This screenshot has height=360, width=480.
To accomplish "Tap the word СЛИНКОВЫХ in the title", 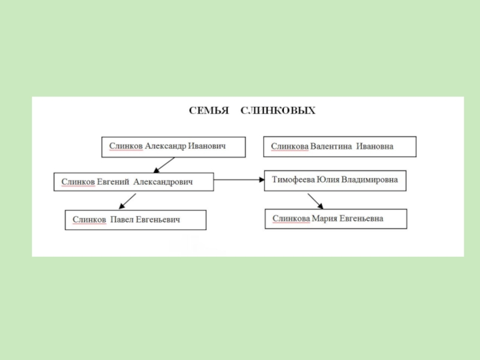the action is point(278,111).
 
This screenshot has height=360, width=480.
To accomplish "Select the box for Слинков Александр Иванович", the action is point(173,147).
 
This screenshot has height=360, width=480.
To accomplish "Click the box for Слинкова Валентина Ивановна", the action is point(340,147).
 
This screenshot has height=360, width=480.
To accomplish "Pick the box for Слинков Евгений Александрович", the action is point(133,182).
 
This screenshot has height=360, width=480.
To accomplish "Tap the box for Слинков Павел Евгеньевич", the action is point(135,220).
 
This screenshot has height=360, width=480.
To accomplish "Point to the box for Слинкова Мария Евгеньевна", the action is point(335,219).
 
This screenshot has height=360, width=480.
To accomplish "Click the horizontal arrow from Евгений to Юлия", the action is point(239,179).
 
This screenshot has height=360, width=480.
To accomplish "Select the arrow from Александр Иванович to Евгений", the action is point(162,165).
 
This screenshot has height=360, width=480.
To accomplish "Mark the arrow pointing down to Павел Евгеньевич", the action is point(127,200).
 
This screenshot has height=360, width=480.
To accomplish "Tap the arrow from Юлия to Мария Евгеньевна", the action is point(315,200).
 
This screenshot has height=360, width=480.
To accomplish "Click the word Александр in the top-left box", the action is point(165,146).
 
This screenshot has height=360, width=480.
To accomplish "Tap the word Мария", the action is point(324,219).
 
